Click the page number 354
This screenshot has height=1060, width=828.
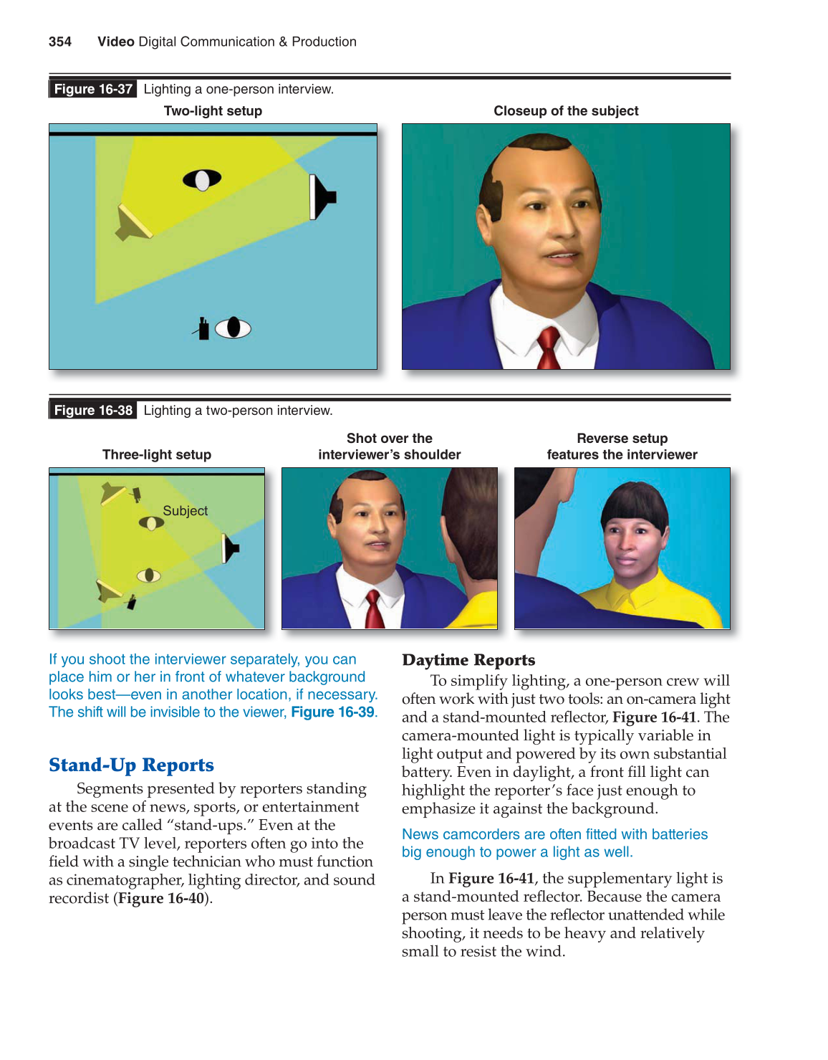click(60, 42)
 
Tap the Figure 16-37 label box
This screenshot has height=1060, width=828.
click(93, 89)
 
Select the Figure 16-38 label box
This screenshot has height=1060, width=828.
click(93, 410)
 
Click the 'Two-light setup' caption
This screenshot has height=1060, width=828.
click(213, 111)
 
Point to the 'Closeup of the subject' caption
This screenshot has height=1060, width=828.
click(566, 111)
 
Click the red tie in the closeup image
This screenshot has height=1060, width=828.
click(549, 348)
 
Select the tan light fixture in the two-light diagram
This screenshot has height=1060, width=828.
click(133, 223)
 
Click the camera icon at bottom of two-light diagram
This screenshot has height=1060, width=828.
click(203, 329)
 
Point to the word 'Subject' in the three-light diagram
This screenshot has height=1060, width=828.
click(185, 511)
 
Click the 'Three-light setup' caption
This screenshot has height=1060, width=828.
click(157, 454)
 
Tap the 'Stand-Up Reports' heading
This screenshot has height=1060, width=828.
click(131, 765)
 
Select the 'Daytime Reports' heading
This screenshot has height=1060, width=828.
click(468, 659)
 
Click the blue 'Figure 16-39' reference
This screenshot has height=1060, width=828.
click(332, 712)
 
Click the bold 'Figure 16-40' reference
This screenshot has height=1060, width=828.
click(162, 898)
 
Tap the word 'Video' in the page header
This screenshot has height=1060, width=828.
click(116, 42)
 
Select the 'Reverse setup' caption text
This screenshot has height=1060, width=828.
click(622, 439)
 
